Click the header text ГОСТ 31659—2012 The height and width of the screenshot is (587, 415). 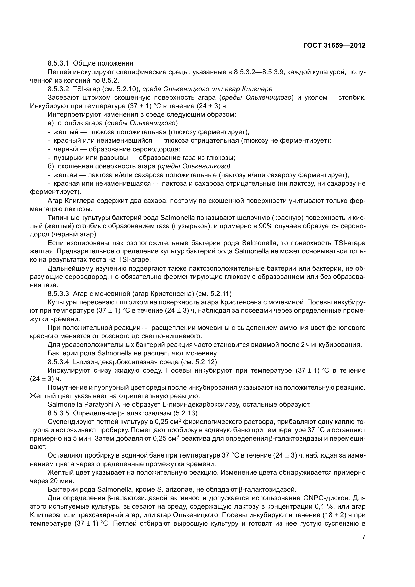click(334, 45)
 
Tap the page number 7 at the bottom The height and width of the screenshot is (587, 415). click(364, 537)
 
